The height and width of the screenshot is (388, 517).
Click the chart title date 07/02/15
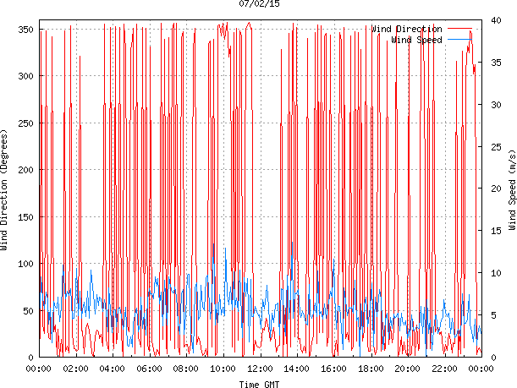[x=260, y=4]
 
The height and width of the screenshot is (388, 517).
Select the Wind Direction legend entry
[x=406, y=29]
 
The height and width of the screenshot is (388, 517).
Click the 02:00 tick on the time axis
[x=76, y=369]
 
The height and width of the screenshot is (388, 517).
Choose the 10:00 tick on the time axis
[x=223, y=369]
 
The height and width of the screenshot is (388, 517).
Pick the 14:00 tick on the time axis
[x=297, y=369]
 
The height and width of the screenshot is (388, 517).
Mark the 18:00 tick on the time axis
[x=371, y=369]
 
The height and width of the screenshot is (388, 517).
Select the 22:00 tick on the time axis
[x=444, y=369]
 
